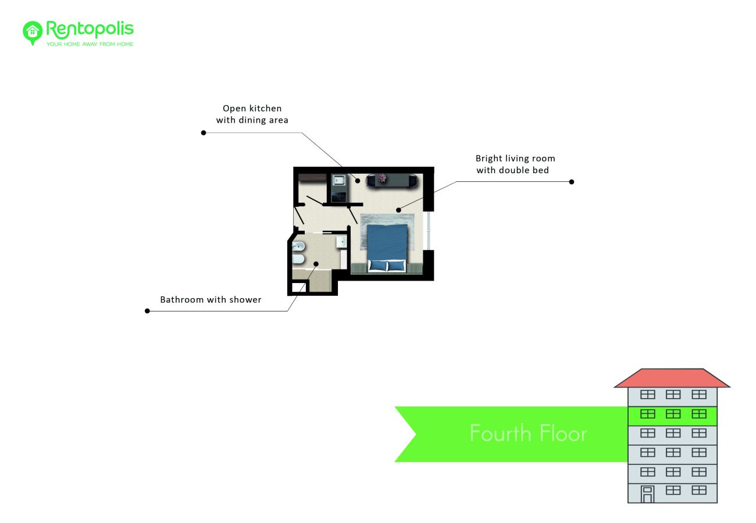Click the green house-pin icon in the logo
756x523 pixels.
tap(33, 33)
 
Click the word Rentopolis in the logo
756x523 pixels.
tap(90, 29)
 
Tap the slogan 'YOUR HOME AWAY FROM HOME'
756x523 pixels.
tap(90, 44)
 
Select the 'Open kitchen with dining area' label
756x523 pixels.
tap(252, 114)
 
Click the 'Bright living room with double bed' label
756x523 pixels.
tap(515, 164)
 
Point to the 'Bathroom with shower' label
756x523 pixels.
tap(211, 300)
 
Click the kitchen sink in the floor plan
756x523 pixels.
tap(338, 180)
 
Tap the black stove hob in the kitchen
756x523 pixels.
tap(338, 196)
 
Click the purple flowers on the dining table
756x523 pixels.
tap(382, 177)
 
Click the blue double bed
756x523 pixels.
tap(387, 247)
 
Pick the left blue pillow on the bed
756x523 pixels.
tap(377, 266)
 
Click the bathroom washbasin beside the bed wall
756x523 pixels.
tap(341, 242)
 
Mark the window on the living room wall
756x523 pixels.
tap(428, 231)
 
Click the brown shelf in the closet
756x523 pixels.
tap(312, 178)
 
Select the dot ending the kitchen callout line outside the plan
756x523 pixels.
tap(204, 133)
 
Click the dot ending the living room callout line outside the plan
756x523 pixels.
tap(572, 182)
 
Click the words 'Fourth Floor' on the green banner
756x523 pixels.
tap(528, 434)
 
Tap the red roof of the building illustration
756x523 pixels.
tap(672, 378)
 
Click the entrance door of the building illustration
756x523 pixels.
tap(647, 495)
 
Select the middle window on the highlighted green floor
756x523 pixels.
tap(673, 414)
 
